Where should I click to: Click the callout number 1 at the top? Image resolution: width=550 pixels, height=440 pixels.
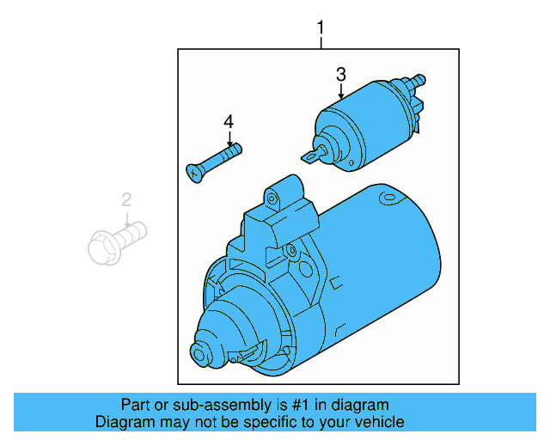pos(321,29)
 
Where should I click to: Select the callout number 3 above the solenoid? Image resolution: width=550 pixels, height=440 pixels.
pos(340,74)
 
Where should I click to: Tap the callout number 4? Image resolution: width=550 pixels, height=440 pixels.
pos(229,121)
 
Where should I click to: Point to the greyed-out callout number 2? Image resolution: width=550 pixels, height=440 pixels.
pos(126,201)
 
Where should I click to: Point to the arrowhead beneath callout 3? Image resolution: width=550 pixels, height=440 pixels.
pos(340,96)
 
